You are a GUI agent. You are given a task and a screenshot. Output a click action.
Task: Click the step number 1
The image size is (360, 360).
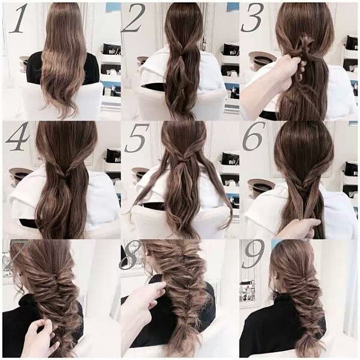(x=17, y=19)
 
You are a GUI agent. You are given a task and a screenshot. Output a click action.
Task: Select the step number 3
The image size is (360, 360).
(x=252, y=18)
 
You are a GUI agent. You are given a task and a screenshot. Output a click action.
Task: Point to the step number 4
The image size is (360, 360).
(x=17, y=136)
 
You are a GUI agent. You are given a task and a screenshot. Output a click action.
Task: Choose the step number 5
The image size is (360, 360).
(x=137, y=138)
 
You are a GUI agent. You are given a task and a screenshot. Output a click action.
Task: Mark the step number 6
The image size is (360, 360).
(x=253, y=136)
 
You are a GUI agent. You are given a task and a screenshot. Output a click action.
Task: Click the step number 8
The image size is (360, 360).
(x=130, y=256)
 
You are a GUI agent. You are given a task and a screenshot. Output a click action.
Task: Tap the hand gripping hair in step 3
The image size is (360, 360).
(x=287, y=71)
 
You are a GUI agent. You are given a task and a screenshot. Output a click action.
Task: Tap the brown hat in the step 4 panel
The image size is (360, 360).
(x=20, y=174)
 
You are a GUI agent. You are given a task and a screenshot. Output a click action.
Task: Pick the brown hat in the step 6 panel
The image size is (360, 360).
(x=261, y=186)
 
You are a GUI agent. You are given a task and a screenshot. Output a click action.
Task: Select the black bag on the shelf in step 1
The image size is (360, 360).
(x=112, y=49)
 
